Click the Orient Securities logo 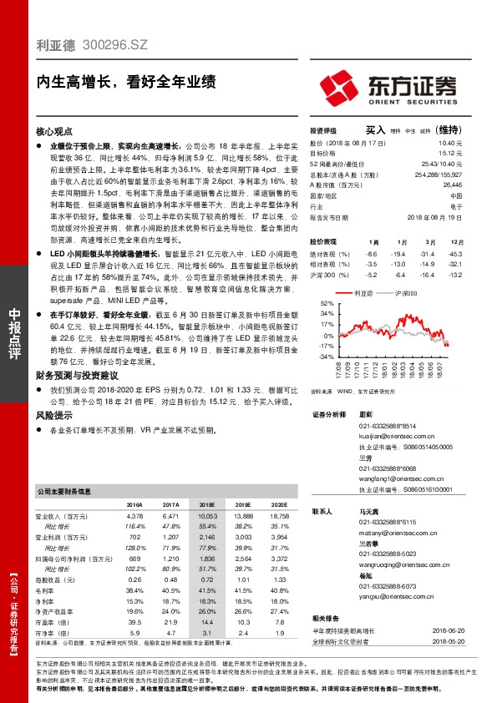[388, 87]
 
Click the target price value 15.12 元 [451, 154]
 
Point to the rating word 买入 [375, 130]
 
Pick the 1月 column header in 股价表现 [372, 240]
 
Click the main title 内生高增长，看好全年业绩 [126, 82]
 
